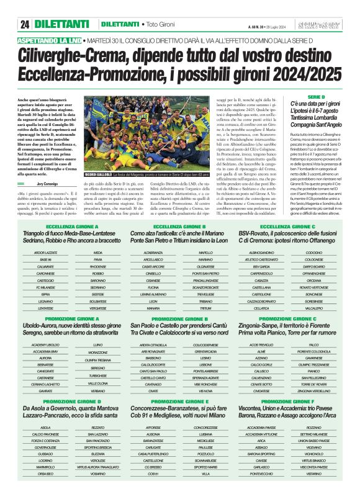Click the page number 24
[x=25, y=24]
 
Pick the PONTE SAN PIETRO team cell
[x=205, y=273]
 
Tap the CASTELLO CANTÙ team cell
[x=151, y=377]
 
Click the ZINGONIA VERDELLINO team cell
[x=314, y=391]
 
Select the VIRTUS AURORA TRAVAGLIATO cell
[x=98, y=465]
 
